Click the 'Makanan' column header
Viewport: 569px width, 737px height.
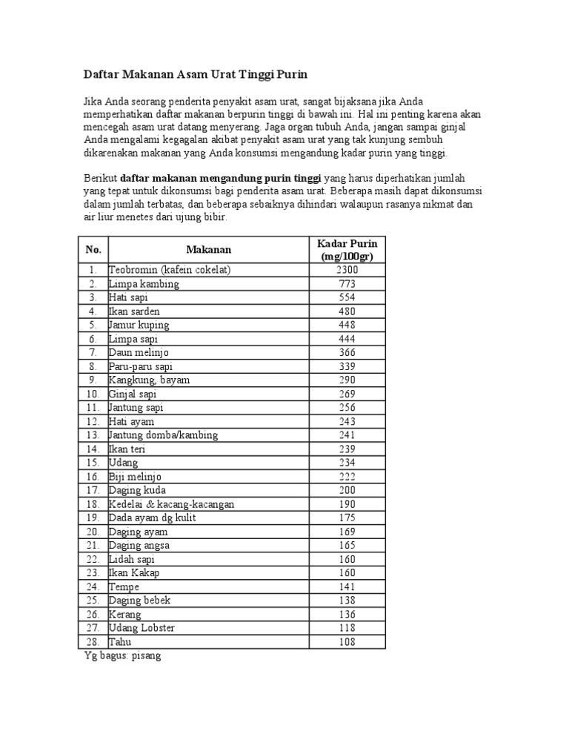(208, 250)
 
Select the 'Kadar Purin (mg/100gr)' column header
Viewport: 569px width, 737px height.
(347, 250)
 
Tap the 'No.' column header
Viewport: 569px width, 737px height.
(93, 250)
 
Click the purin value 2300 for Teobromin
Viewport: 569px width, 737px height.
(347, 270)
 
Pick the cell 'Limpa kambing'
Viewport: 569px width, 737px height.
(144, 284)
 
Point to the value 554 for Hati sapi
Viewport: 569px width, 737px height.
(347, 297)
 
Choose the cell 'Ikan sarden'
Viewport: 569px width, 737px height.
(134, 311)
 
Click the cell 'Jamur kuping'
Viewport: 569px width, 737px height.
(139, 325)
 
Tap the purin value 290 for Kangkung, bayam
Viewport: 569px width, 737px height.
(347, 380)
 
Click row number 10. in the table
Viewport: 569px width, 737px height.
(93, 394)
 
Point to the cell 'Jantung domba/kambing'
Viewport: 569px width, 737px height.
(163, 435)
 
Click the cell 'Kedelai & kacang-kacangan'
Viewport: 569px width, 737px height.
(171, 504)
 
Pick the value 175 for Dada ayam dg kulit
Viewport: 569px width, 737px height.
(347, 518)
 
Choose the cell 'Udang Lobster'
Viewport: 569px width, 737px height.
(142, 628)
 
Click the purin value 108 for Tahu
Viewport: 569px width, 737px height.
(347, 642)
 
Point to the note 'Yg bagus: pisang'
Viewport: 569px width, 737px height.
(122, 656)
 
